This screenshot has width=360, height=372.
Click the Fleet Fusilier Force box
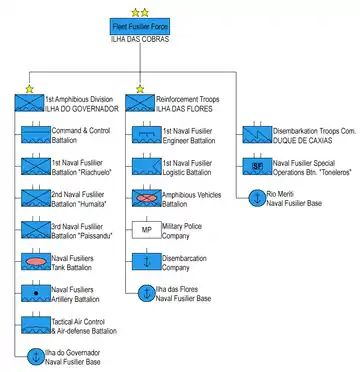140,26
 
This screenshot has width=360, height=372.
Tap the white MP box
147,230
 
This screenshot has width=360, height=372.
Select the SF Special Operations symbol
257,166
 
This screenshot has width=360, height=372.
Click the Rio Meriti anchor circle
257,198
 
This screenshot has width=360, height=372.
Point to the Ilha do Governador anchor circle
36,357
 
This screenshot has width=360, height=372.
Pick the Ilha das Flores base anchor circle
147,293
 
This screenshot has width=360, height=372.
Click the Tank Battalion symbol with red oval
36,262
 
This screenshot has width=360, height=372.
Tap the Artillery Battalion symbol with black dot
36,293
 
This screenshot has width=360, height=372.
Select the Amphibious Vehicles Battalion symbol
147,198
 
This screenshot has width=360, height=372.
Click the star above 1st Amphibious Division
29,89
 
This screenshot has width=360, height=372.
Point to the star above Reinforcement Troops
140,89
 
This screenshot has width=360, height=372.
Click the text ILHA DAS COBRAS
140,39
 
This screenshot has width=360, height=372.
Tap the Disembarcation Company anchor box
147,262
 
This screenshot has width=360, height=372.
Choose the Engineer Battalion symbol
147,135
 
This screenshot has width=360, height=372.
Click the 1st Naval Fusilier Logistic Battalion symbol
147,166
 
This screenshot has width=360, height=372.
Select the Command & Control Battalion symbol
36,135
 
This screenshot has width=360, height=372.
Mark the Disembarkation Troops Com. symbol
257,135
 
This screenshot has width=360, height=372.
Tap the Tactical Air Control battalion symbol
36,325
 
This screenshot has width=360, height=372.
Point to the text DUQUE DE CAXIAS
303,141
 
